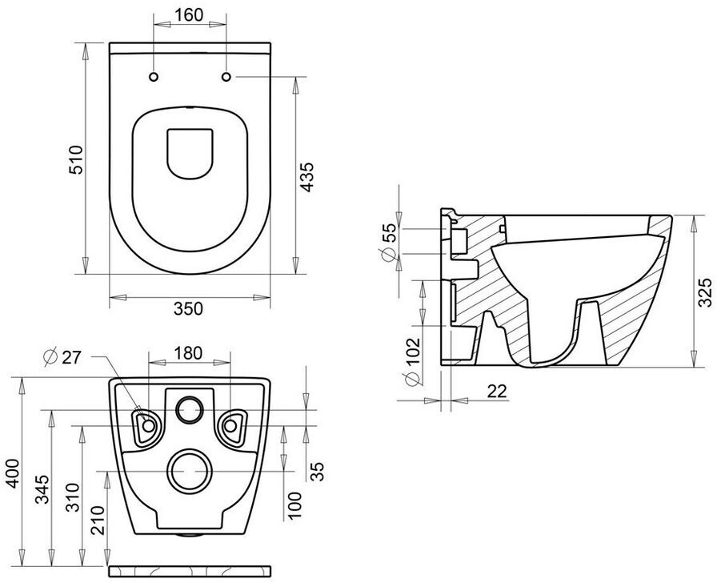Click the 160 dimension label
point(189,14)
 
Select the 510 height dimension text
point(76,159)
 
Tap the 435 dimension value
point(306,177)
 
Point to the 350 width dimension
point(188,309)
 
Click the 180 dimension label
point(188,353)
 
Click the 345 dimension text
point(42,489)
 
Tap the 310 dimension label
point(73,497)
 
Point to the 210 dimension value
point(98,521)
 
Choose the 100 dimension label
point(295,505)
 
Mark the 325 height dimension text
point(706,293)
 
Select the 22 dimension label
point(498,392)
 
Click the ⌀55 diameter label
point(389,241)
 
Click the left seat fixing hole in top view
point(154,76)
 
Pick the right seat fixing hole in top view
point(226,76)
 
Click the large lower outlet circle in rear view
point(190,471)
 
